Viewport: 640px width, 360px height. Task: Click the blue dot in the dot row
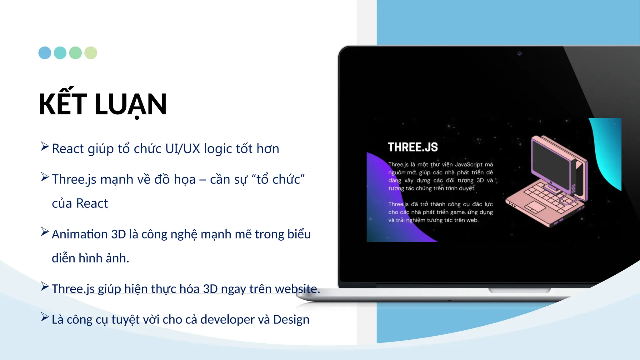(x=45, y=53)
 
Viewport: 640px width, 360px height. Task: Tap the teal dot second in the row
(x=60, y=53)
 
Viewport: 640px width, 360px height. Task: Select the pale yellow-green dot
(x=91, y=53)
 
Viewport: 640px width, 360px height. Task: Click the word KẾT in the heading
(x=62, y=104)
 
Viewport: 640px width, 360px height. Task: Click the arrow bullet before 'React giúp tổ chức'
(x=45, y=146)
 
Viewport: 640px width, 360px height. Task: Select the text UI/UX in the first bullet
(x=182, y=149)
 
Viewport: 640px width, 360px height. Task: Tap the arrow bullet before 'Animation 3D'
(x=45, y=232)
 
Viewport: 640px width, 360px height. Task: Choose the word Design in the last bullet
(x=291, y=320)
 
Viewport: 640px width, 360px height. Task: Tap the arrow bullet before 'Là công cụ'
(x=45, y=317)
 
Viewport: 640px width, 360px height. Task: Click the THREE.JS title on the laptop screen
(x=413, y=147)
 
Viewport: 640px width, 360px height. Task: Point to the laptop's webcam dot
(x=519, y=53)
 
